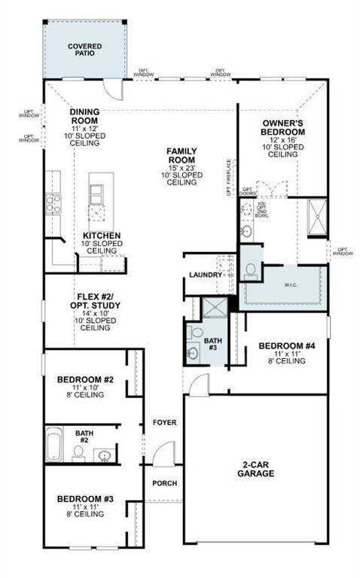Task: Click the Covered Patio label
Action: click(84, 50)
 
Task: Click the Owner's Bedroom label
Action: click(283, 126)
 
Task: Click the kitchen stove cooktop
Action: click(53, 204)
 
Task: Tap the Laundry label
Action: click(206, 275)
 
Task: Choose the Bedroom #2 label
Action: click(85, 379)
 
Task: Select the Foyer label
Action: click(165, 422)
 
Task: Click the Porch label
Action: click(164, 483)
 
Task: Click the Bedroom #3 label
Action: click(84, 499)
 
